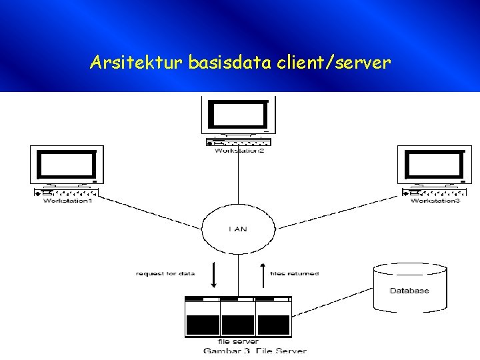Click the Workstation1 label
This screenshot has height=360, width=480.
pos(67,201)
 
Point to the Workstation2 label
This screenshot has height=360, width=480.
pos(239,151)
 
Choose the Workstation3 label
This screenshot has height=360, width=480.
pos(435,201)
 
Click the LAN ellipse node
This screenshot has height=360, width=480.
pos(238,229)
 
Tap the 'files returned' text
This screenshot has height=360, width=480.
pos(294,273)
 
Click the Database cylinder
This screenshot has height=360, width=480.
pos(409,288)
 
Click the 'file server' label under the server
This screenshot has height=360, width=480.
pos(238,341)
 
